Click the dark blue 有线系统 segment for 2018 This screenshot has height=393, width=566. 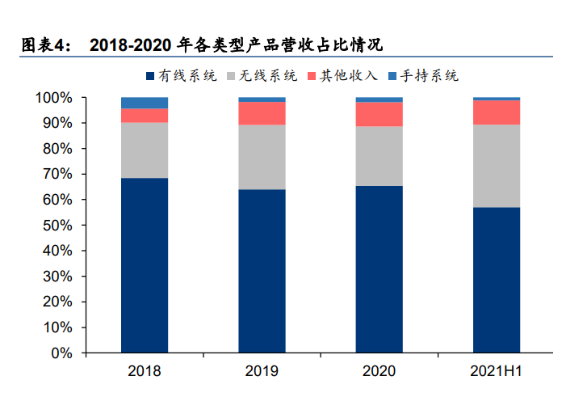[145, 265]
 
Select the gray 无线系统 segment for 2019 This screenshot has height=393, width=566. [262, 157]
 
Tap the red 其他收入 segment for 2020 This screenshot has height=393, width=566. [379, 114]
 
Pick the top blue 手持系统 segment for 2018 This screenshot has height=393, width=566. [145, 103]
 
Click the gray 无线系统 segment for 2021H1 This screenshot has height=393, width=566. [496, 166]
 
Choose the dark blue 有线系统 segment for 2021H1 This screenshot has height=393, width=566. [496, 280]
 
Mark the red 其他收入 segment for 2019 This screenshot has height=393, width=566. [262, 113]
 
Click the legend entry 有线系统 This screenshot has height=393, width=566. [181, 76]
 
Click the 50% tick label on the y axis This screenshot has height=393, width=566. [57, 226]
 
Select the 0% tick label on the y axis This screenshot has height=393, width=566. [61, 353]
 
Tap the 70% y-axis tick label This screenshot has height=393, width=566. [57, 175]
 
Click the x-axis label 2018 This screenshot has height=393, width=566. [145, 372]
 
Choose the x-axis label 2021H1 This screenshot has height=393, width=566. [496, 372]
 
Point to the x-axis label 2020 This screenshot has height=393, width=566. [379, 372]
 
